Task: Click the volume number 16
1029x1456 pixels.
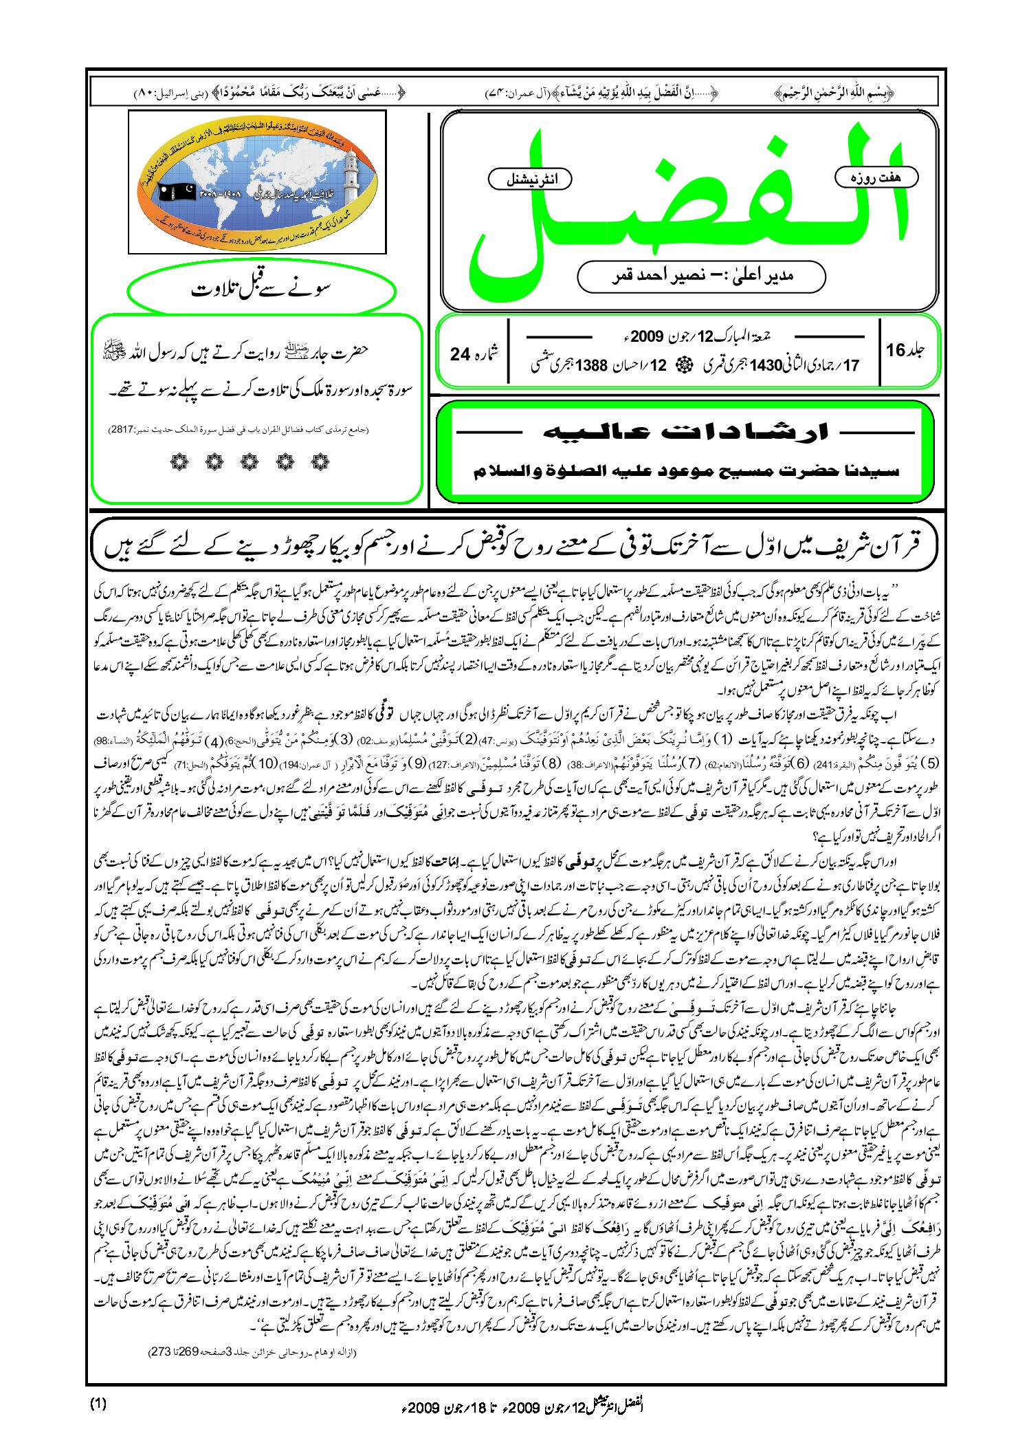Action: (895, 351)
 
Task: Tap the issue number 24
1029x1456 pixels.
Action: (459, 354)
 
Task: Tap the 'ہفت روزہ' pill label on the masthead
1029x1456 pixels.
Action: (876, 177)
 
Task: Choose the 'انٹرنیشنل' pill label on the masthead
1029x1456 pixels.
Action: (530, 180)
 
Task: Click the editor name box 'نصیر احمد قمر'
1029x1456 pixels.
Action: (701, 276)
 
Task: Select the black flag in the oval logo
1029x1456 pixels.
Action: (177, 192)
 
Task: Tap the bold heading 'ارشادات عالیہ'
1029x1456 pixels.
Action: (685, 432)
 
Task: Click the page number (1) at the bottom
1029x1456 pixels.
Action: (98, 1404)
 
